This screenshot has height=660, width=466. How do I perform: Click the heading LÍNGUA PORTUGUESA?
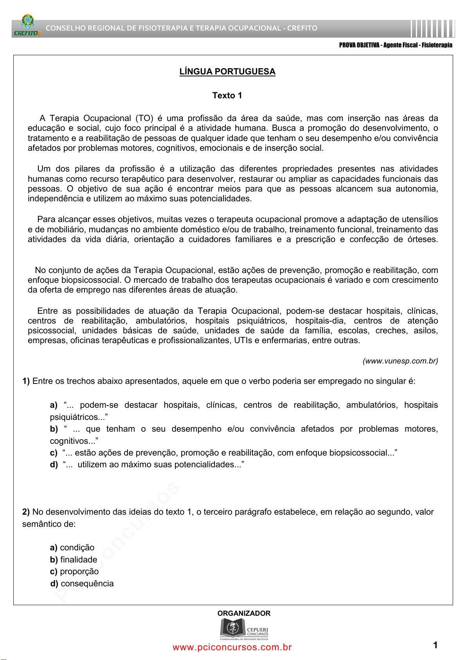pyautogui.click(x=227, y=72)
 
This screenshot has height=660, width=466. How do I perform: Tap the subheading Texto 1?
pyautogui.click(x=227, y=96)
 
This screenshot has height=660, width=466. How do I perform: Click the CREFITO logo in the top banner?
pyautogui.click(x=27, y=26)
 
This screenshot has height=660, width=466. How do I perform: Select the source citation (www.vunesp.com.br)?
pyautogui.click(x=400, y=361)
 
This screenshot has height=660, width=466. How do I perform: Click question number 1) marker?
pyautogui.click(x=26, y=381)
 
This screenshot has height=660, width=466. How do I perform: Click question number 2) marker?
pyautogui.click(x=26, y=512)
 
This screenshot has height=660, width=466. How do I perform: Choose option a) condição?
pyautogui.click(x=72, y=548)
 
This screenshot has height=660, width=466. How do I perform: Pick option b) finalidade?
pyautogui.click(x=74, y=560)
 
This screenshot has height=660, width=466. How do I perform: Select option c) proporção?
pyautogui.click(x=74, y=571)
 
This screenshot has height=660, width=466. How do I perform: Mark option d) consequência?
pyautogui.click(x=82, y=584)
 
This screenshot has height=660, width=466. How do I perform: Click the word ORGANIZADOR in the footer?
pyautogui.click(x=244, y=613)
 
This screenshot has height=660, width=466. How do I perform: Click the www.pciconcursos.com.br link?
pyautogui.click(x=232, y=647)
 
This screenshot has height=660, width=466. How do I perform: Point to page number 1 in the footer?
pyautogui.click(x=435, y=645)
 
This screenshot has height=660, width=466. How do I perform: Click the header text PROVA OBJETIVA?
pyautogui.click(x=359, y=45)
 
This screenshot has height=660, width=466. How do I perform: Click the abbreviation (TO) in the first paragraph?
pyautogui.click(x=144, y=118)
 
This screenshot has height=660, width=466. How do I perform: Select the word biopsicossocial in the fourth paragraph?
pyautogui.click(x=90, y=280)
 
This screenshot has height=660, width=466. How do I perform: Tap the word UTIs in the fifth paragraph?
pyautogui.click(x=243, y=340)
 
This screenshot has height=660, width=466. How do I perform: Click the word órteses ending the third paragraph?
pyautogui.click(x=422, y=239)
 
